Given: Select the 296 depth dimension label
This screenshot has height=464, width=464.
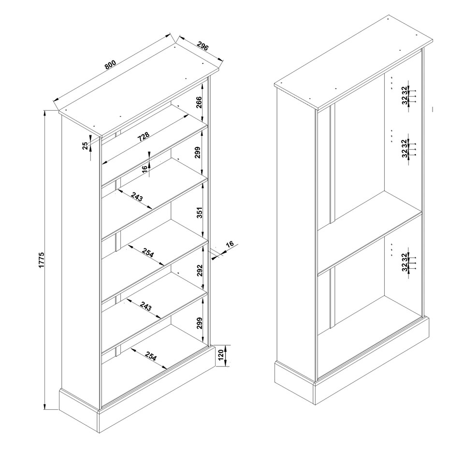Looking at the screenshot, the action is pyautogui.click(x=203, y=46).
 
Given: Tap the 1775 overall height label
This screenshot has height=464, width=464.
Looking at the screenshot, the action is pyautogui.click(x=42, y=260).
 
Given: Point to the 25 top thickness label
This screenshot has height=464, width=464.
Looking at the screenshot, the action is pyautogui.click(x=85, y=145).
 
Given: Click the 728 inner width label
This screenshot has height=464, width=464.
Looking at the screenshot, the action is pyautogui.click(x=144, y=137).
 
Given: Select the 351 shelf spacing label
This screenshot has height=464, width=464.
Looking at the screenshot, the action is pyautogui.click(x=200, y=213).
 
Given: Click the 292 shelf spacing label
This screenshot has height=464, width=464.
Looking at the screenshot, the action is pyautogui.click(x=200, y=270).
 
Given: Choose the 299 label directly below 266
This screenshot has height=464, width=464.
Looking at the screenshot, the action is pyautogui.click(x=198, y=153).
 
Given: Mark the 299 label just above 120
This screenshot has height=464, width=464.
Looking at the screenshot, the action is pyautogui.click(x=200, y=323).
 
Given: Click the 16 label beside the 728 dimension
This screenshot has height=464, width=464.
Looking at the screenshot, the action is pyautogui.click(x=145, y=169).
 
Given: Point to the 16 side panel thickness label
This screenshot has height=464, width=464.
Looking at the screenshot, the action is pyautogui.click(x=230, y=244).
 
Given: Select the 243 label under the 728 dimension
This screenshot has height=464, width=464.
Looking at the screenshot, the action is pyautogui.click(x=137, y=197).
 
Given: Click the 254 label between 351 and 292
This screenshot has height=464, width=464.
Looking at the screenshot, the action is pyautogui.click(x=148, y=253).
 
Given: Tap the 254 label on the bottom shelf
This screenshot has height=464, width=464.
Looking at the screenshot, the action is pyautogui.click(x=151, y=357).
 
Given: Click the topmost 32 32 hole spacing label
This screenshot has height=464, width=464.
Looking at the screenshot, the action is pyautogui.click(x=405, y=95).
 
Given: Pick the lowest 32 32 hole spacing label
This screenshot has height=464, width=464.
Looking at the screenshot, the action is pyautogui.click(x=405, y=262).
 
